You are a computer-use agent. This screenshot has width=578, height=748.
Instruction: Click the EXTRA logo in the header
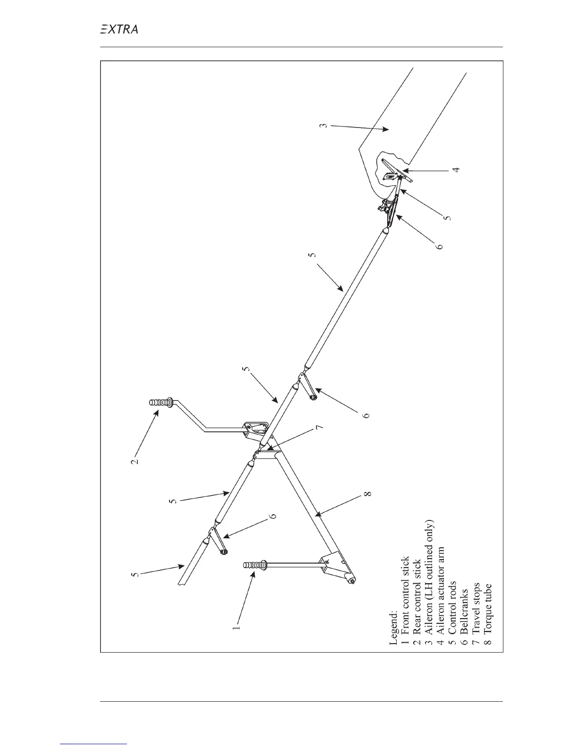pyautogui.click(x=119, y=29)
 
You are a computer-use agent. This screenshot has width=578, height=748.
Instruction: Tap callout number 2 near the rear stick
pyautogui.click(x=135, y=459)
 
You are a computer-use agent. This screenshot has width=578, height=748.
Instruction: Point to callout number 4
pyautogui.click(x=456, y=169)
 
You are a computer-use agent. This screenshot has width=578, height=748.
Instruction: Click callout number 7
pyautogui.click(x=319, y=427)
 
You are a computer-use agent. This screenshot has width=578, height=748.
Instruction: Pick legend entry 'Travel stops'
pyautogui.click(x=476, y=614)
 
